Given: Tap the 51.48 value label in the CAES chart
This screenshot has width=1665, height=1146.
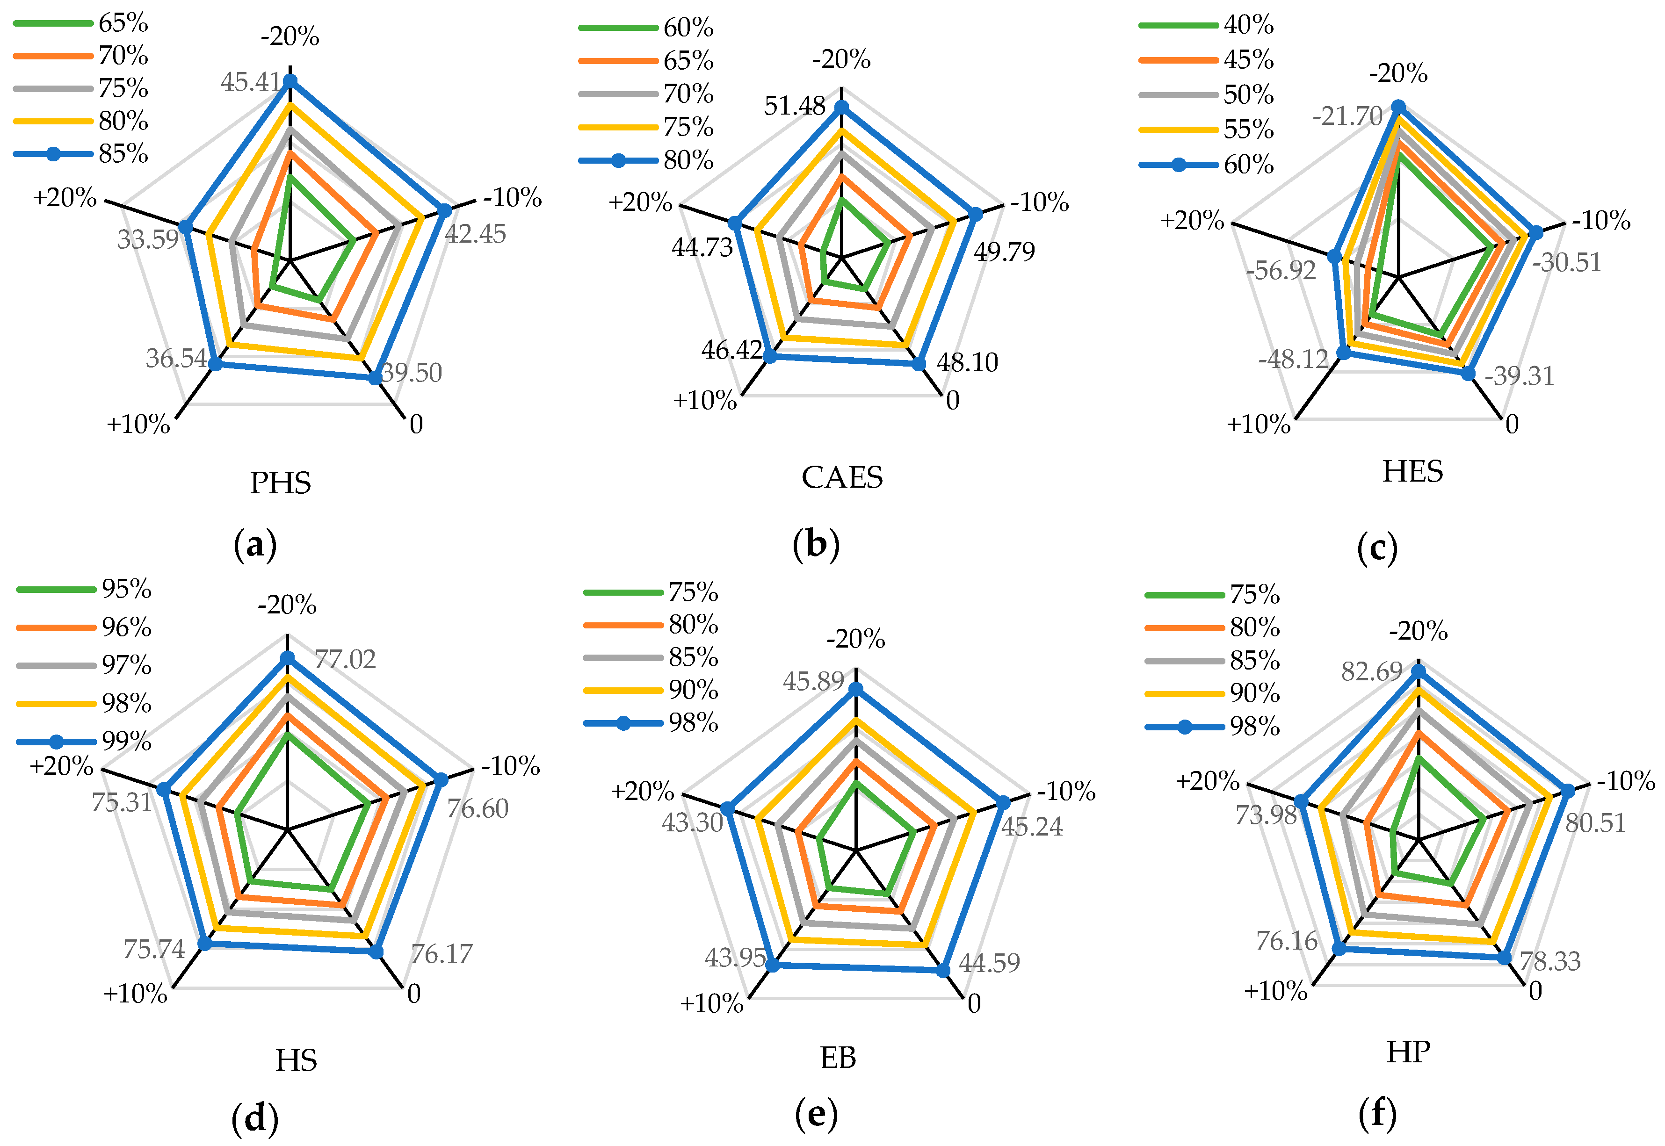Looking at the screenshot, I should pos(795,106).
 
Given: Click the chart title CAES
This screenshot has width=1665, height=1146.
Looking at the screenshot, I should pos(842,477).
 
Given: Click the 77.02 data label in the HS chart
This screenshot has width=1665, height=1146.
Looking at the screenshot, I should pos(345,659).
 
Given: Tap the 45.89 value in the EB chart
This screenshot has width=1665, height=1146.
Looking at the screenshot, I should pos(813,681).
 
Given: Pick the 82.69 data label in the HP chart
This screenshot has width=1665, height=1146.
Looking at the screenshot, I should pos(1372,671).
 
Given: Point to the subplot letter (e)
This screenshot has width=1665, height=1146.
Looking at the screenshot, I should pos(816,1114).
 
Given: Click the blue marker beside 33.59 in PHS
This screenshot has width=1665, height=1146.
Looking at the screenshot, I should pos(185,228).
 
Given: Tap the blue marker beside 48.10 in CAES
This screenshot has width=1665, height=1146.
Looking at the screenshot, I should pos(918,364).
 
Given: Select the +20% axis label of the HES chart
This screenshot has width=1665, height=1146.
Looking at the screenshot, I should pos(1192,220).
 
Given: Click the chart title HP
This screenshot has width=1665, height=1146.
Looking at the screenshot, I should pos(1408,1052).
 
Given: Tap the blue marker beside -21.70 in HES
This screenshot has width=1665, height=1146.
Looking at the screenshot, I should pos(1398,108).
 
